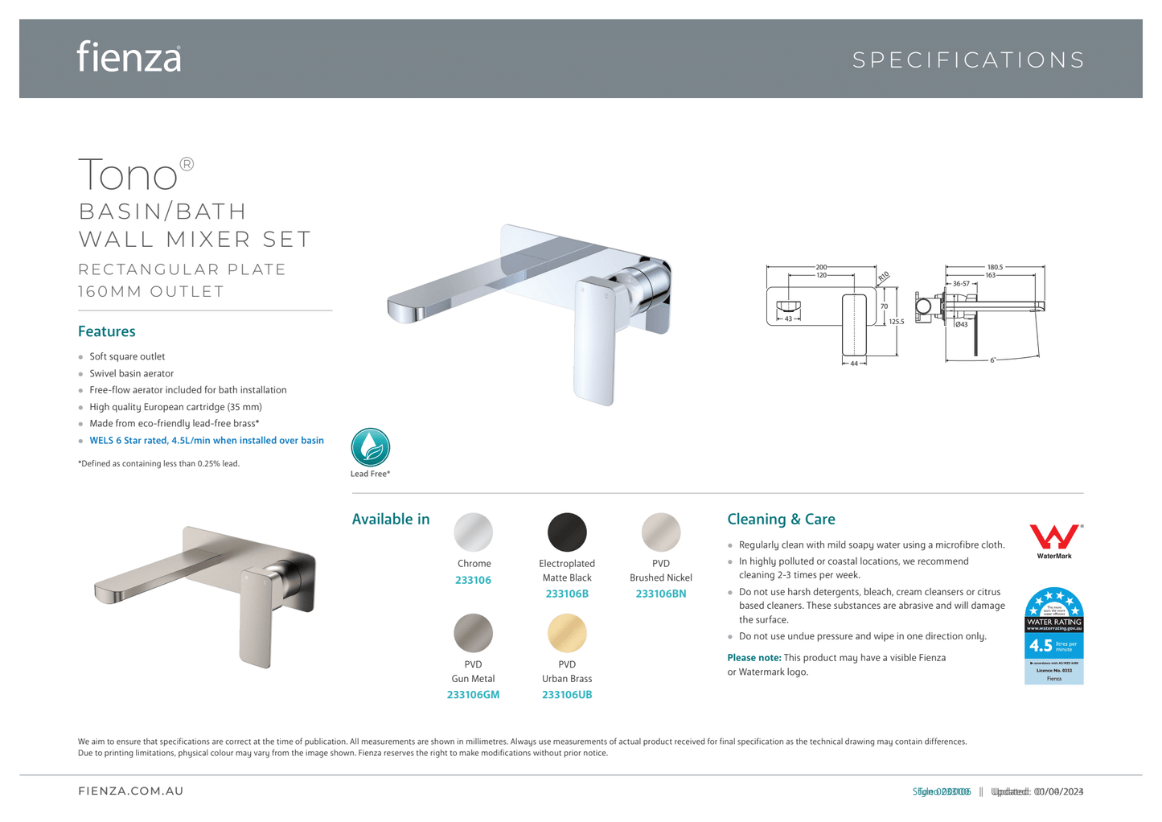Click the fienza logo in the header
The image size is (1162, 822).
click(129, 57)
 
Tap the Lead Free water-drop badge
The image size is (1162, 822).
click(371, 448)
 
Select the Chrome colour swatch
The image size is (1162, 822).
click(474, 532)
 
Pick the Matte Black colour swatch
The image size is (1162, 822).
click(567, 532)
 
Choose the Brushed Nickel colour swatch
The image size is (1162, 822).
click(661, 532)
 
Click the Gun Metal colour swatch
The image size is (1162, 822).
click(474, 633)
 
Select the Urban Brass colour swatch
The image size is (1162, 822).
click(567, 633)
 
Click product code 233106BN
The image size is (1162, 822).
click(661, 594)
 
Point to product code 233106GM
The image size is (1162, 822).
click(473, 695)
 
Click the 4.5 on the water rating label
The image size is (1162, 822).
click(1041, 645)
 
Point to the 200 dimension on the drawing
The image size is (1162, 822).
click(821, 267)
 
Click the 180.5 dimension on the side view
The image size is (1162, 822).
click(995, 267)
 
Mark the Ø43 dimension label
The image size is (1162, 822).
click(962, 324)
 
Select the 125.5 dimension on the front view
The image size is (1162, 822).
click(897, 322)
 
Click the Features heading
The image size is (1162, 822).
click(107, 331)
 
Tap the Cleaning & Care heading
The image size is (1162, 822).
click(781, 520)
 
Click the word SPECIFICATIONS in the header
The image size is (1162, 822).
click(968, 60)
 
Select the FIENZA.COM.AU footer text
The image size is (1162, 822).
click(131, 791)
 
